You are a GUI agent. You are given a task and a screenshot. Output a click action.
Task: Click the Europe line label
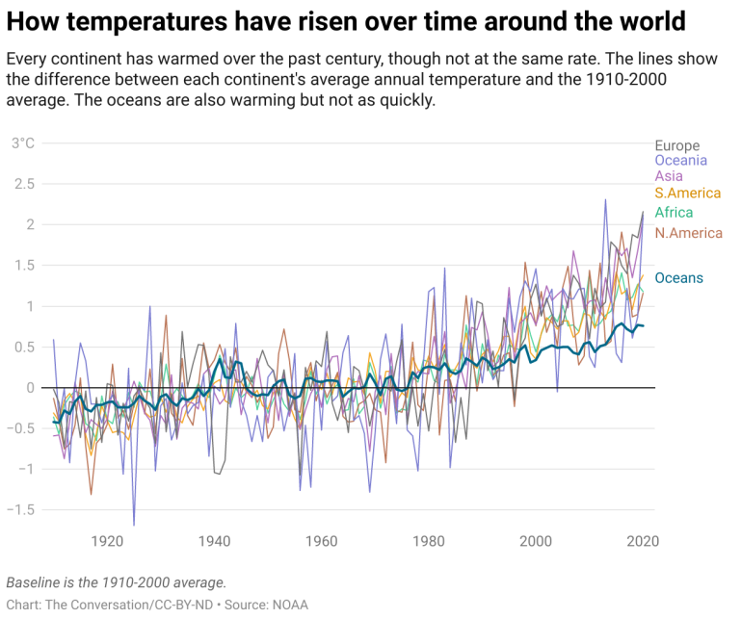click(x=676, y=146)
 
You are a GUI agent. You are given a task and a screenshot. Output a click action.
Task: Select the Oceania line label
click(x=680, y=161)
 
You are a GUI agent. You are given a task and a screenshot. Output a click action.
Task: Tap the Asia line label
click(x=669, y=176)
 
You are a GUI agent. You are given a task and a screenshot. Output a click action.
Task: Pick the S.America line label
click(x=688, y=193)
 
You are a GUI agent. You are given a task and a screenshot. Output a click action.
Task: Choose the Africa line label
click(x=674, y=213)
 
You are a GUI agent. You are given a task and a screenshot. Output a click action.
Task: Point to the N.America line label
click(x=688, y=233)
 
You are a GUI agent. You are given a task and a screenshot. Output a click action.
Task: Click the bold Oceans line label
click(x=678, y=278)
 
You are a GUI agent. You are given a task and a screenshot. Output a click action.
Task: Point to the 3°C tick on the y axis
click(x=22, y=143)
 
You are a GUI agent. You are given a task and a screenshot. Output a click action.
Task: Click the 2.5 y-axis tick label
click(x=23, y=184)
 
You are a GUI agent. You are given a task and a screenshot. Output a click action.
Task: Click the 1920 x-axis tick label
click(x=106, y=541)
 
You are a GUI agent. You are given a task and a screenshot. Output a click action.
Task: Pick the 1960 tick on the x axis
click(x=321, y=541)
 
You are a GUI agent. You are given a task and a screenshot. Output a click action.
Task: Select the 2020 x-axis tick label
click(x=643, y=541)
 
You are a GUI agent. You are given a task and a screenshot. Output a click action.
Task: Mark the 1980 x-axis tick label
click(x=428, y=541)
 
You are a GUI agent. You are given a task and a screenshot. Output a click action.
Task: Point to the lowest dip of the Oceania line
click(x=134, y=525)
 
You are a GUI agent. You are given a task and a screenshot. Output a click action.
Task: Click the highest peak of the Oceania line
click(x=605, y=199)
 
